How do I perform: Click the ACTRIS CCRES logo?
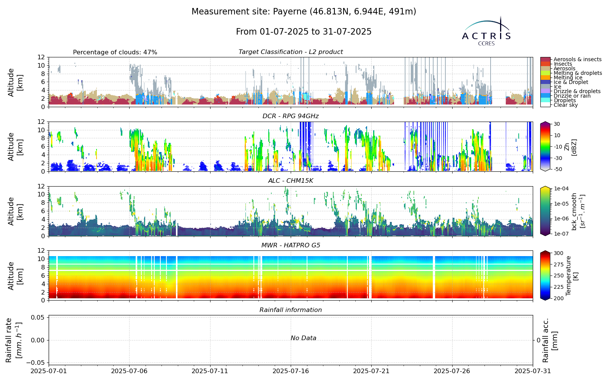click(486, 31)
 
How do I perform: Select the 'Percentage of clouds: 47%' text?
click(115, 52)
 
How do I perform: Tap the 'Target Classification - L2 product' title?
click(290, 52)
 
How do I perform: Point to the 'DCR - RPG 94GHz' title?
click(290, 116)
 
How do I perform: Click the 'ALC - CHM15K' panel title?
click(290, 181)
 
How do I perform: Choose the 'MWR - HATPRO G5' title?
click(290, 245)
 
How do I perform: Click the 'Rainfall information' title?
click(290, 310)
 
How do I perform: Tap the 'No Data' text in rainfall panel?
click(304, 338)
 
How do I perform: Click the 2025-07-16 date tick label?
click(291, 371)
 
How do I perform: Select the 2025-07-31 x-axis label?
click(532, 371)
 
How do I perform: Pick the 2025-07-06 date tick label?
click(130, 371)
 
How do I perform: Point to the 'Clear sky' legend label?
click(566, 105)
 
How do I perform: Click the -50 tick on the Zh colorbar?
click(556, 169)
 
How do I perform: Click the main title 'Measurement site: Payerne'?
click(304, 12)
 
